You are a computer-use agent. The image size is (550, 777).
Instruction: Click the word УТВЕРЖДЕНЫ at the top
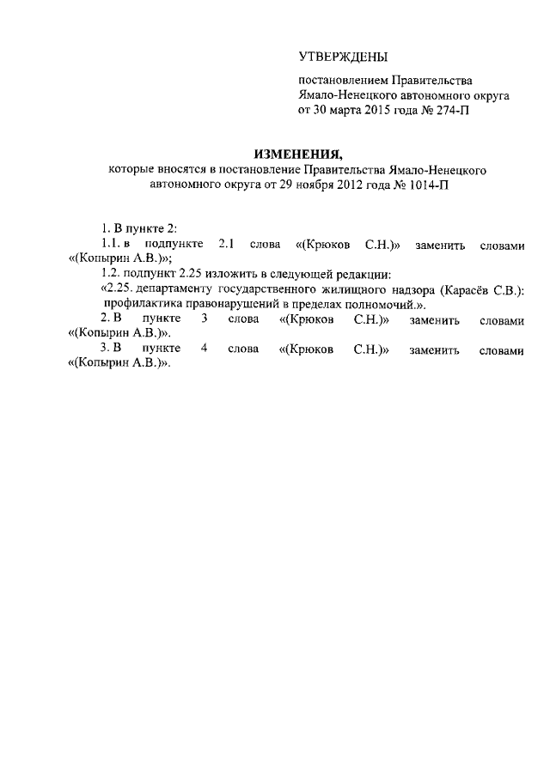343,58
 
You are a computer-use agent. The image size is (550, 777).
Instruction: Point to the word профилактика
139,305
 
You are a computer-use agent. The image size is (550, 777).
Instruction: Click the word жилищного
329,290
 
